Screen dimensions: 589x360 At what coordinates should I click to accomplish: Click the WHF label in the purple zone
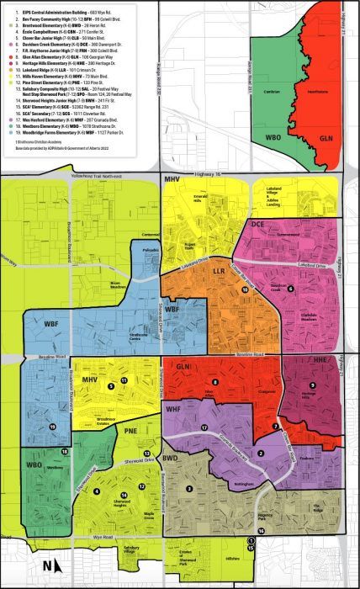[174, 410]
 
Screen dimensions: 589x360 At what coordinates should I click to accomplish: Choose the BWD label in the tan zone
[171, 459]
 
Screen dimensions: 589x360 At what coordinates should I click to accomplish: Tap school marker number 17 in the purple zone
[204, 428]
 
